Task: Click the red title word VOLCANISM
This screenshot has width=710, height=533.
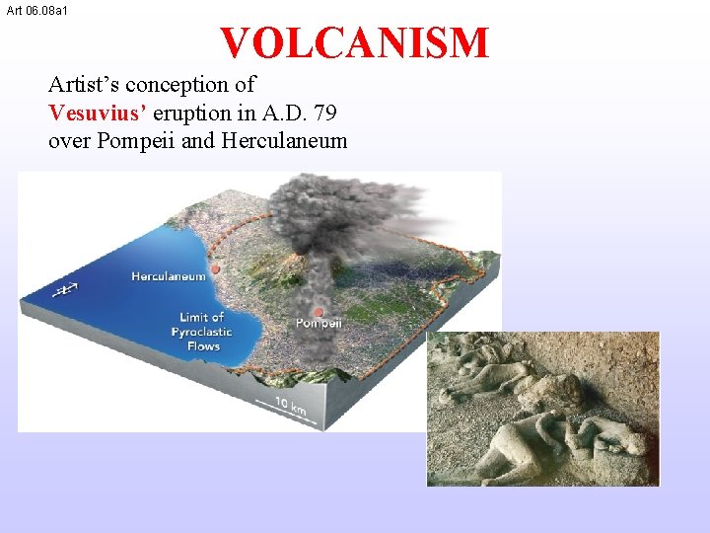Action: coord(354,43)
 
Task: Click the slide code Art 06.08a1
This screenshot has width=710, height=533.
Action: coord(36,10)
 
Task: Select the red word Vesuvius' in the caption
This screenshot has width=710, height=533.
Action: coord(97,112)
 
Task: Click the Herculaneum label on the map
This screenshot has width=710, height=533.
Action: coord(169,276)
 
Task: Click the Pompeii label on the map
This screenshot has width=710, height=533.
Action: coord(319,323)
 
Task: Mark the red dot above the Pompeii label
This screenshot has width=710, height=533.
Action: coord(319,311)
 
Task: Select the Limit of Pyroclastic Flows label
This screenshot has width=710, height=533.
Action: coord(202,331)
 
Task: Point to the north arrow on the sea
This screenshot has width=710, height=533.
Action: coord(65,289)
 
